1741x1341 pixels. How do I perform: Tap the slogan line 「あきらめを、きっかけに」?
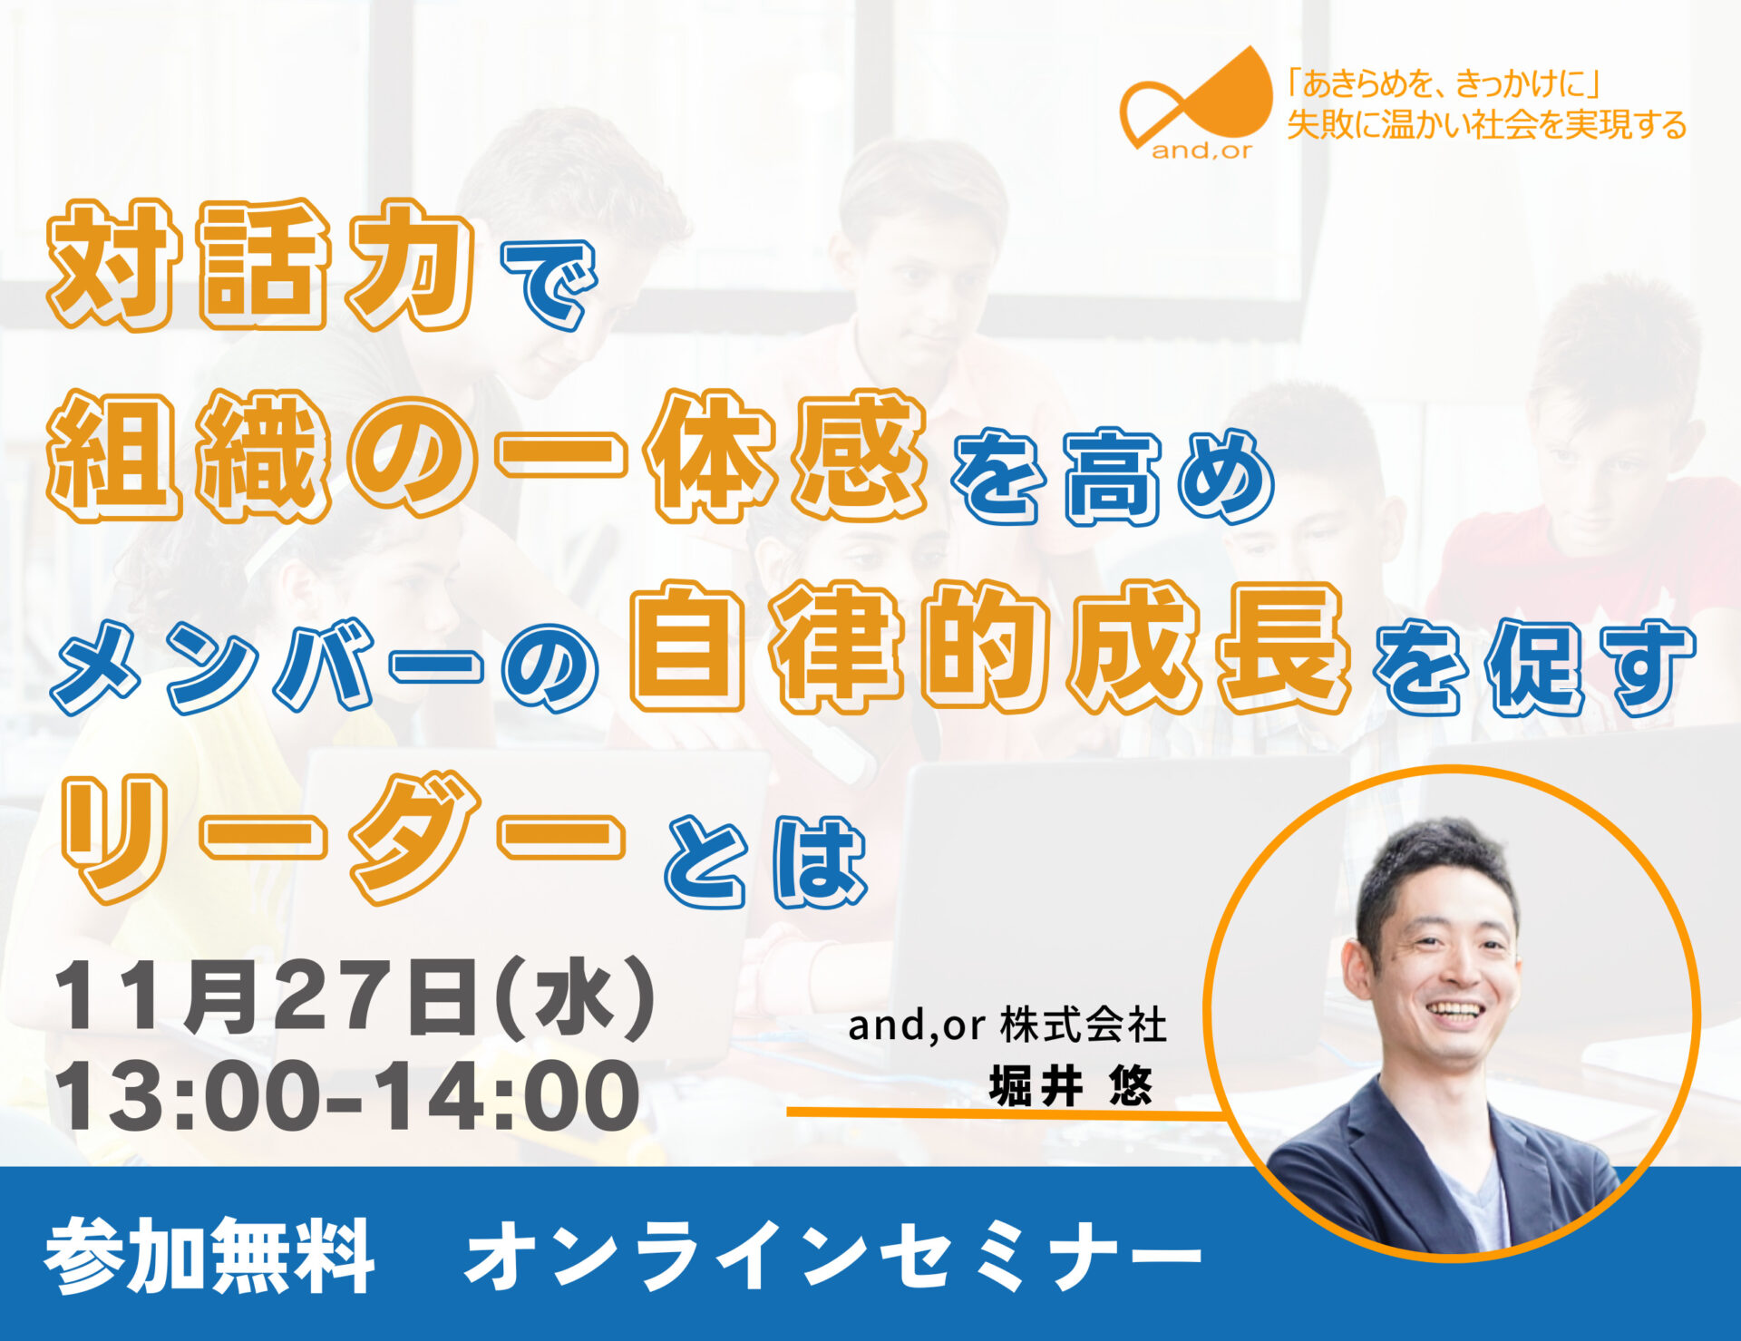[x=1443, y=84]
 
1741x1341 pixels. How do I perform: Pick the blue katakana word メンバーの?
[x=324, y=666]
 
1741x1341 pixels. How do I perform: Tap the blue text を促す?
[x=1534, y=667]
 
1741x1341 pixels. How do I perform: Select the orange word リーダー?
[x=343, y=838]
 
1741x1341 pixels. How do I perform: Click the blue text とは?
[x=766, y=861]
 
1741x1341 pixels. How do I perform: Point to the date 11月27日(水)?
[x=355, y=999]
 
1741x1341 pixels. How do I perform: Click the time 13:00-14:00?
[x=348, y=1096]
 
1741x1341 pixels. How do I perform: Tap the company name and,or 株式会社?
[x=1007, y=1025]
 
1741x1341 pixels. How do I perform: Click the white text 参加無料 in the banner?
[x=209, y=1255]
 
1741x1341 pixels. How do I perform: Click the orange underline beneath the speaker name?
[x=1001, y=1112]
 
